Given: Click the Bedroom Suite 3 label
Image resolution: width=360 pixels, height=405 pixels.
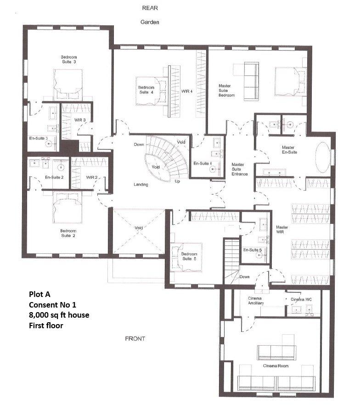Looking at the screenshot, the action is pyautogui.click(x=69, y=59).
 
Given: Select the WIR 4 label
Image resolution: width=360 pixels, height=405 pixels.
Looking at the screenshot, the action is pyautogui.click(x=187, y=91).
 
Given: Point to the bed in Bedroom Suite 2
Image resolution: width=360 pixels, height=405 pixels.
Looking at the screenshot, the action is pyautogui.click(x=67, y=207).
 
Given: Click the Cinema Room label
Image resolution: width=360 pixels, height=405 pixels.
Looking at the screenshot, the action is pyautogui.click(x=276, y=366).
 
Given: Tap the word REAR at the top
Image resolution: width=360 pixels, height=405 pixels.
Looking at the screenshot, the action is pyautogui.click(x=150, y=8).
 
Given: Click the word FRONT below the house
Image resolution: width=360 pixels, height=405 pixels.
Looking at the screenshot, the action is pyautogui.click(x=135, y=339).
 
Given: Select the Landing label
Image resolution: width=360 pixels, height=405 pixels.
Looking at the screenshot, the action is pyautogui.click(x=141, y=184).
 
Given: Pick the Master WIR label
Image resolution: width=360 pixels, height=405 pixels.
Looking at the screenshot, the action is pyautogui.click(x=282, y=229).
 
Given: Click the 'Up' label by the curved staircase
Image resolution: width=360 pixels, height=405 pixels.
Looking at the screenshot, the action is pyautogui.click(x=177, y=181).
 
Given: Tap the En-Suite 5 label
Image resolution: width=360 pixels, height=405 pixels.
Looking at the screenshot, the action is pyautogui.click(x=253, y=250).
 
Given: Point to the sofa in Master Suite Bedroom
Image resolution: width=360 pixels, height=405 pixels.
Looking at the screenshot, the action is pyautogui.click(x=251, y=81).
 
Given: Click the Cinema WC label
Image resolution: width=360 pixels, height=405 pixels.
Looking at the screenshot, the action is pyautogui.click(x=301, y=299).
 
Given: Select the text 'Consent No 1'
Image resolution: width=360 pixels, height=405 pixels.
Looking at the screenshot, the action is pyautogui.click(x=53, y=305).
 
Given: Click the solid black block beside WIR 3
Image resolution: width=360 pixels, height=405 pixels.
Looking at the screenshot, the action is pyautogui.click(x=69, y=147).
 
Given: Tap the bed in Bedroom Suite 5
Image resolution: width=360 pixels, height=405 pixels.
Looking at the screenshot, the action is pyautogui.click(x=187, y=257).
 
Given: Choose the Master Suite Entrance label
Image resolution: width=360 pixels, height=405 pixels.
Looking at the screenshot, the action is pyautogui.click(x=239, y=169).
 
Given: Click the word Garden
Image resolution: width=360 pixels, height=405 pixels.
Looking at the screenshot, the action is pyautogui.click(x=150, y=22).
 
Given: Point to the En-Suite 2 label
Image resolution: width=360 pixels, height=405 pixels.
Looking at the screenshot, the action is pyautogui.click(x=54, y=177).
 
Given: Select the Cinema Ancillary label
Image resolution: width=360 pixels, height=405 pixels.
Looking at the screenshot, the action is pyautogui.click(x=256, y=301).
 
